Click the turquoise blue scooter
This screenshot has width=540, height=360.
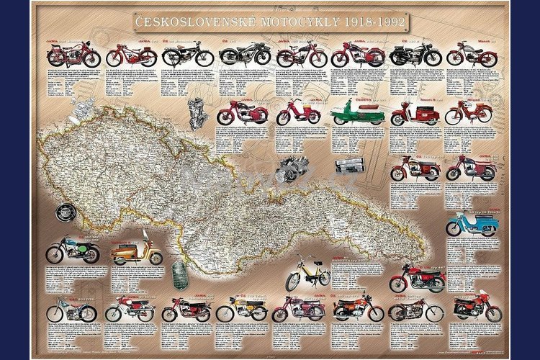(472, 224)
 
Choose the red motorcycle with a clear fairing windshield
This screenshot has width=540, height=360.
(477, 305)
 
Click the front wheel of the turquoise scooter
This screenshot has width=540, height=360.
(453, 230)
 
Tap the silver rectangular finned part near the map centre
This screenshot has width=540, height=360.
(350, 163)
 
